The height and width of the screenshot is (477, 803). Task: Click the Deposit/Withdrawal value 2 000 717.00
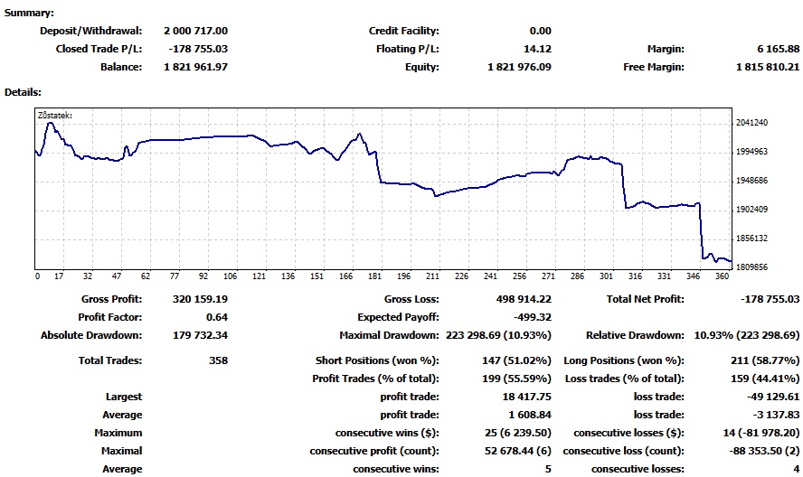pos(195,31)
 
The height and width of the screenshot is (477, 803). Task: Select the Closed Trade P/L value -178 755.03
pos(198,49)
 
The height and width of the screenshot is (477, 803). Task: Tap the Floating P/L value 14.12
pos(538,49)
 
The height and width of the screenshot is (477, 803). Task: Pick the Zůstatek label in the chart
pos(54,115)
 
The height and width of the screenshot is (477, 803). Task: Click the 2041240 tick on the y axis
pos(752,123)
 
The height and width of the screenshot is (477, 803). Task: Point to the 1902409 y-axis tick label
pos(752,210)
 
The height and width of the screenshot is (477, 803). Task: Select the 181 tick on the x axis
pos(375,276)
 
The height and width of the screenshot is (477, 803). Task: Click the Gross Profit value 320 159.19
pos(200,299)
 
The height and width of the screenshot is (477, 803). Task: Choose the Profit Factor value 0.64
pos(217,317)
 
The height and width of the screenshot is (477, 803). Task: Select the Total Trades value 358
pos(217,360)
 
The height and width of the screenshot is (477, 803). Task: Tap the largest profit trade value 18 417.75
pos(526,397)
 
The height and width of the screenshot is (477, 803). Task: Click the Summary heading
pos(29,14)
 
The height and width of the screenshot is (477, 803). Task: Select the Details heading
pos(24,92)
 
